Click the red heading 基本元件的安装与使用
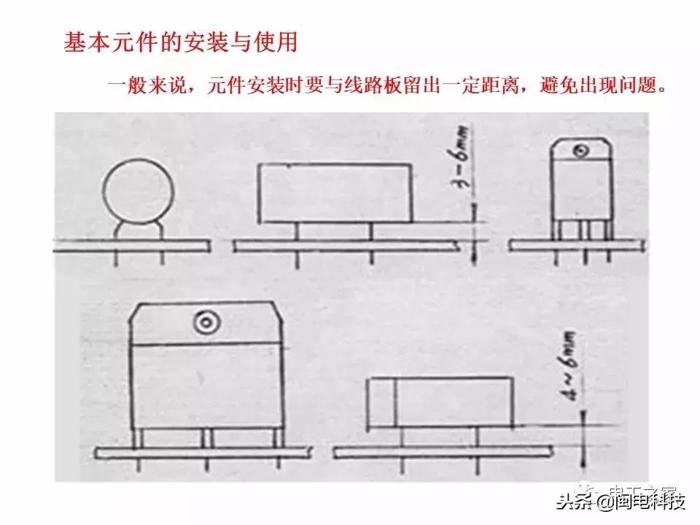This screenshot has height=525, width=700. coord(180,42)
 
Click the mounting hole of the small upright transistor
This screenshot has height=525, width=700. coord(581,152)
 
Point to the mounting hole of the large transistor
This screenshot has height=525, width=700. coord(203,321)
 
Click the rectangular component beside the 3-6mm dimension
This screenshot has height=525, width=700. coord(335,192)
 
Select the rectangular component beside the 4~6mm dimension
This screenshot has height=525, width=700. coord(441,402)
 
